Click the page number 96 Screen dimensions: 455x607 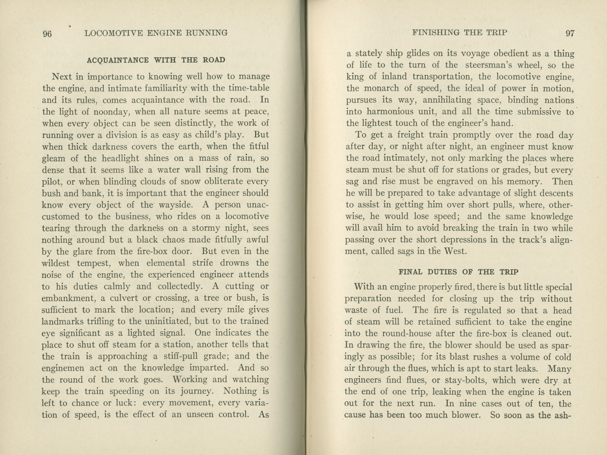47,34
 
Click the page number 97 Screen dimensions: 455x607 570,33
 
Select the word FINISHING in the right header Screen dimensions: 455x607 436,32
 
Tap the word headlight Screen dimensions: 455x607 121,158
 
